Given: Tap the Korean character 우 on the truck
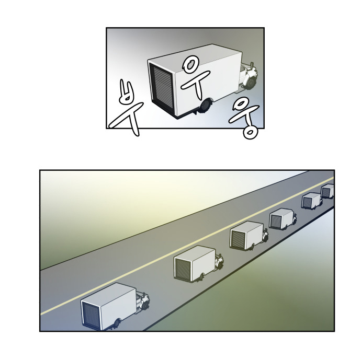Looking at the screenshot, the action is pyautogui.click(x=195, y=78).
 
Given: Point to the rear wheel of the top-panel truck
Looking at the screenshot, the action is pyautogui.click(x=205, y=107).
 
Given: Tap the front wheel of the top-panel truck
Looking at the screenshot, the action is pyautogui.click(x=250, y=83).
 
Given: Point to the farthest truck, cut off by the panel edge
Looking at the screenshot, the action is pyautogui.click(x=328, y=191).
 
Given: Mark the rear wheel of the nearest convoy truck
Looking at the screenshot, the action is pyautogui.click(x=117, y=323).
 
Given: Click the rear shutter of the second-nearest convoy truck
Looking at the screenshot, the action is pyautogui.click(x=183, y=269).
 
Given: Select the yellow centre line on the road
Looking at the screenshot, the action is pyautogui.click(x=187, y=246).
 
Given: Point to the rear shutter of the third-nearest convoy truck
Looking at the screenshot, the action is pyautogui.click(x=238, y=239).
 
